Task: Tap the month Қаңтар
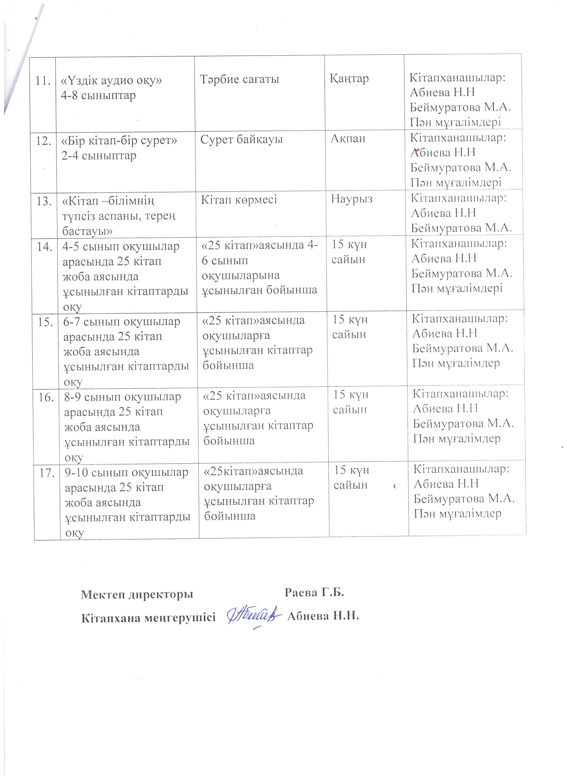coord(349,79)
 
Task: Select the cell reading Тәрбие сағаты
coord(240,79)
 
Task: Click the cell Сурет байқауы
coord(241,140)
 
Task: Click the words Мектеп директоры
coord(137,595)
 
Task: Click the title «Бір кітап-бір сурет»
coord(119,141)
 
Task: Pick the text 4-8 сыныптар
coord(98,95)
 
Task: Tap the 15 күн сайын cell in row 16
coord(350,402)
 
